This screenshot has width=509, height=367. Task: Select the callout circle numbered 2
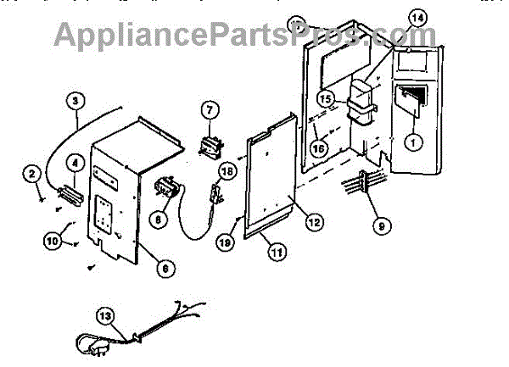point(32,175)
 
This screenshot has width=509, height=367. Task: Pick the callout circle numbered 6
point(165,268)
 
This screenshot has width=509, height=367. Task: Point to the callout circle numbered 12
point(314,223)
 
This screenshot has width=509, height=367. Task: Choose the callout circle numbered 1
point(412,143)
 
